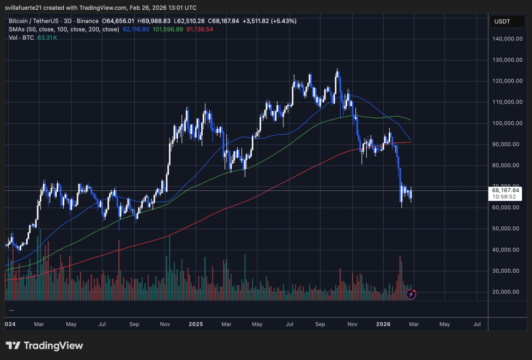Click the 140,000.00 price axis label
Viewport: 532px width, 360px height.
[506, 39]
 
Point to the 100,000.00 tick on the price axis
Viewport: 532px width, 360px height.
[506, 123]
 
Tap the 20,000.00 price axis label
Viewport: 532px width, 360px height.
[506, 292]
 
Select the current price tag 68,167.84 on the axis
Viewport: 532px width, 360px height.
[506, 190]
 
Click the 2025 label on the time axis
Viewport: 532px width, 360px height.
[196, 324]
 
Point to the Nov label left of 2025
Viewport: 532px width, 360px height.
[165, 324]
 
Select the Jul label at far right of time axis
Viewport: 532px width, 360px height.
[476, 324]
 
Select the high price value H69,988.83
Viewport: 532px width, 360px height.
[144, 21]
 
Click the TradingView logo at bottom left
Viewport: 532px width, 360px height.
[45, 346]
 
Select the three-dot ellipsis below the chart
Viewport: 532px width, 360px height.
[11, 310]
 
